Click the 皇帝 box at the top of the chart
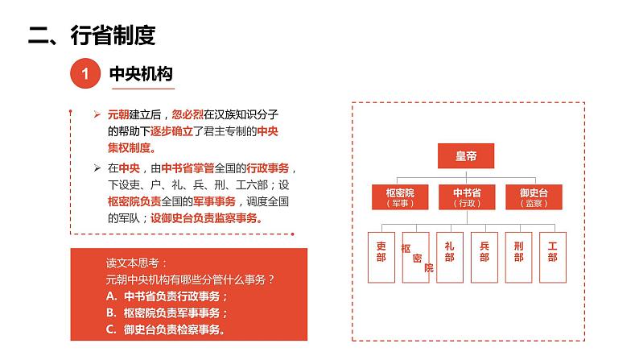[x=465, y=156]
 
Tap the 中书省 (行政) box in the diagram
[x=465, y=197]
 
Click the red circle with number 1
[x=85, y=75]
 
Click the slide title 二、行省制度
[x=91, y=35]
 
